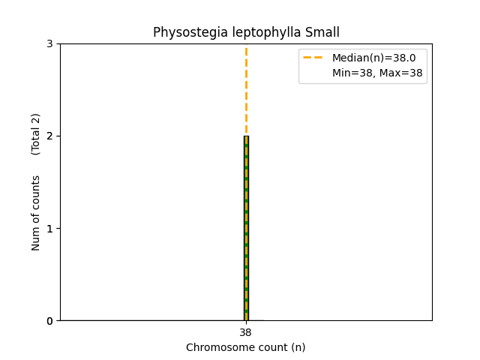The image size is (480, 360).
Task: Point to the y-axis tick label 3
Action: [49, 43]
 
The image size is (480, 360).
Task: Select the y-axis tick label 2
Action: [49, 136]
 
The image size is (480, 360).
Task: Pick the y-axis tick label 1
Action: [49, 228]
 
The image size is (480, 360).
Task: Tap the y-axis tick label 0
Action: [49, 320]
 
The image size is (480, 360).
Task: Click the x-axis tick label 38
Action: [246, 333]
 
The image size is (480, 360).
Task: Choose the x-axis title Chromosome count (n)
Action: [246, 347]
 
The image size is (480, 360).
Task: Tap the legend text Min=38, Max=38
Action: [377, 73]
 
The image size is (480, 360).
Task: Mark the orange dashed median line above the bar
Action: [246, 90]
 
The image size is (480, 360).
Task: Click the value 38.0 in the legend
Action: [403, 58]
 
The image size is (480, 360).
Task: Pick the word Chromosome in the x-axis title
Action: [218, 347]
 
